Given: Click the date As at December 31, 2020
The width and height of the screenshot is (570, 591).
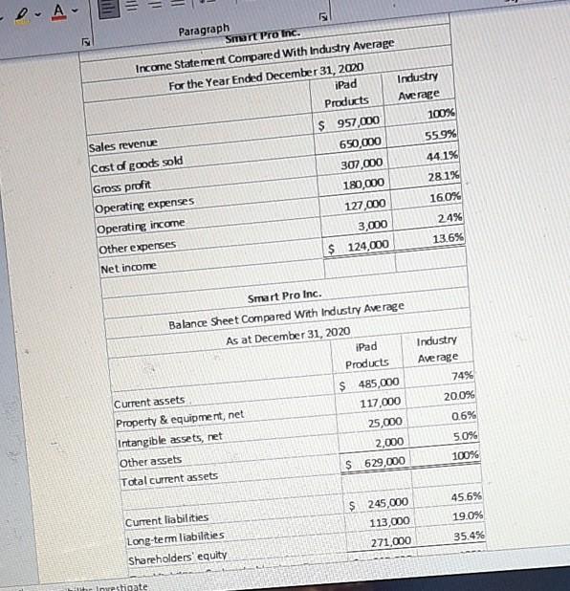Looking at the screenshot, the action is (x=290, y=330).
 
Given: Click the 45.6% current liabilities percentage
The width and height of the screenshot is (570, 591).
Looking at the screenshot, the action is (x=464, y=496).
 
